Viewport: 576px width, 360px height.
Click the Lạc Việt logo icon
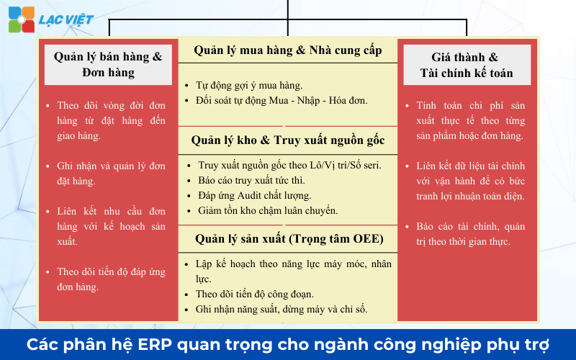(21, 19)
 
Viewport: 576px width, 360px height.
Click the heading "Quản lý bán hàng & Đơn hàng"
(108, 64)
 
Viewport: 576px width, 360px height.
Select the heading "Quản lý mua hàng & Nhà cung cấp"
(287, 51)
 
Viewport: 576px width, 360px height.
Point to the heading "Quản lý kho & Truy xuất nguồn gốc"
(287, 140)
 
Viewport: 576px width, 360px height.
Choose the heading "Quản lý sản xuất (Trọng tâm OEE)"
(287, 238)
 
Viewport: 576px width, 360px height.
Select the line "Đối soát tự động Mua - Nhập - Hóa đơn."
(282, 100)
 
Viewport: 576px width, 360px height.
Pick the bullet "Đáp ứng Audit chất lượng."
(254, 195)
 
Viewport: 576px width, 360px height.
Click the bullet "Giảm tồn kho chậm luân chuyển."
(268, 210)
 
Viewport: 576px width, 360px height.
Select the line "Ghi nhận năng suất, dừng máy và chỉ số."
(282, 309)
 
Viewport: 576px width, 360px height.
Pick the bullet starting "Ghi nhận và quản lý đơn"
(111, 174)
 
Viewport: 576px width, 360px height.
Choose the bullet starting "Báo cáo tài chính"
(470, 234)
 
